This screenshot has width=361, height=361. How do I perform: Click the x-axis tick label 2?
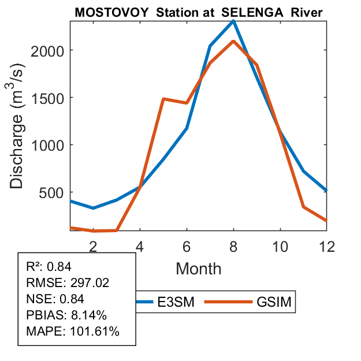click(93, 246)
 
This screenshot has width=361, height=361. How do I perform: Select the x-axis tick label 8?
click(233, 246)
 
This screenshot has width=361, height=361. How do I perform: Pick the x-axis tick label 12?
click(326, 246)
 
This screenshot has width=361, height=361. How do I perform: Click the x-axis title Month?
click(198, 268)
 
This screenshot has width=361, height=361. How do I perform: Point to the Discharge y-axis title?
click(19, 127)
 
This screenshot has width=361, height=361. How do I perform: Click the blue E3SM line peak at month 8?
click(233, 21)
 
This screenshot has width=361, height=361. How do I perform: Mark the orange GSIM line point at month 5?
click(163, 99)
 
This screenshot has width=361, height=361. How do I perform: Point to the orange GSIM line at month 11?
click(303, 207)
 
